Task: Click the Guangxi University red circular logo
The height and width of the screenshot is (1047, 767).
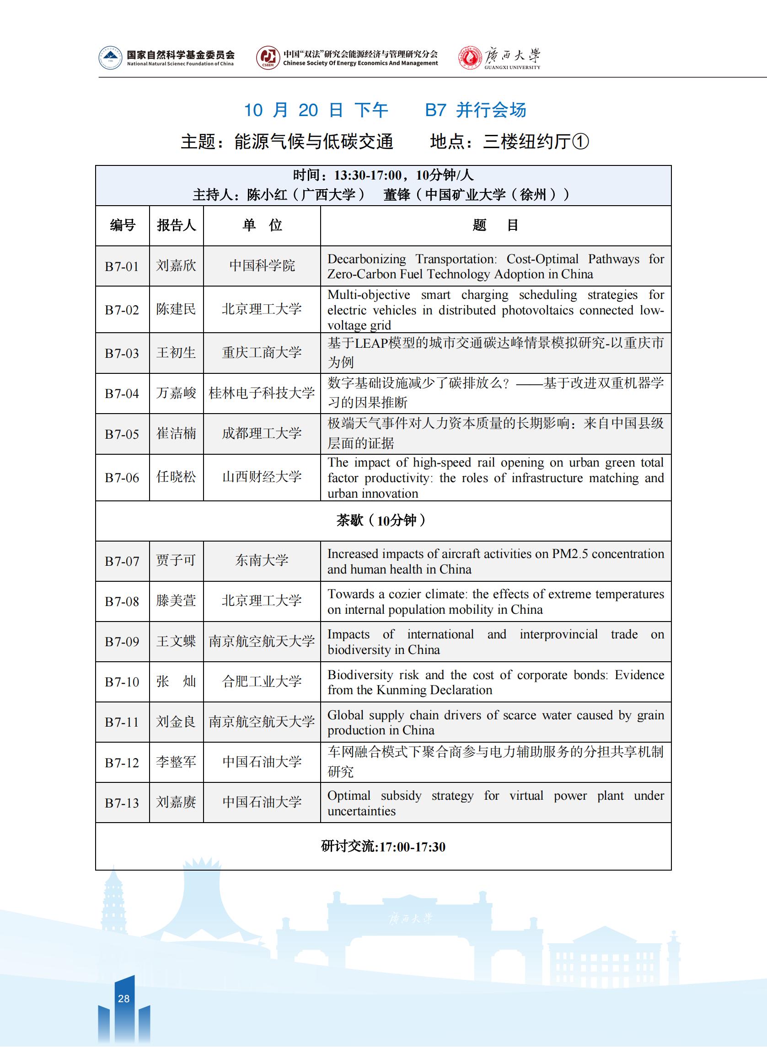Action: coord(470,58)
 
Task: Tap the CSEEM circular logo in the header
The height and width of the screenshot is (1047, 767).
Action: coord(268,58)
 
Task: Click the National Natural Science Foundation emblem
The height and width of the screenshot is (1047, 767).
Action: coord(111,58)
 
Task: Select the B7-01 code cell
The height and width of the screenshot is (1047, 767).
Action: coord(122,266)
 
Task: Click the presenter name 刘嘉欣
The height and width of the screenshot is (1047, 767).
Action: coord(176,266)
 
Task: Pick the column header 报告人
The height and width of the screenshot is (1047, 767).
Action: coord(177,225)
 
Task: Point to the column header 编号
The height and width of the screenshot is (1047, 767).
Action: coord(123,225)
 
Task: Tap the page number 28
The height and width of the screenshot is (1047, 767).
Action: coord(124,999)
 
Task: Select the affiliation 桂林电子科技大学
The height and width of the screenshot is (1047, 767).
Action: coord(262,393)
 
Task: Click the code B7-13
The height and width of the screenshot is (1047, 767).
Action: coord(122,803)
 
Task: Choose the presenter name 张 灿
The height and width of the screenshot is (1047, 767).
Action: coord(176,681)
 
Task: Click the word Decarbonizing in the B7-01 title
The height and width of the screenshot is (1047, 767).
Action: coord(366,259)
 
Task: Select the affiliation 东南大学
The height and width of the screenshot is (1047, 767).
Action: coord(262,561)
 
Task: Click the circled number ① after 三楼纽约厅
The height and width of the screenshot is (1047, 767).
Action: coord(581,142)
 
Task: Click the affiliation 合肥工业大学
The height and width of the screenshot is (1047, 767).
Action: coord(262,681)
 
